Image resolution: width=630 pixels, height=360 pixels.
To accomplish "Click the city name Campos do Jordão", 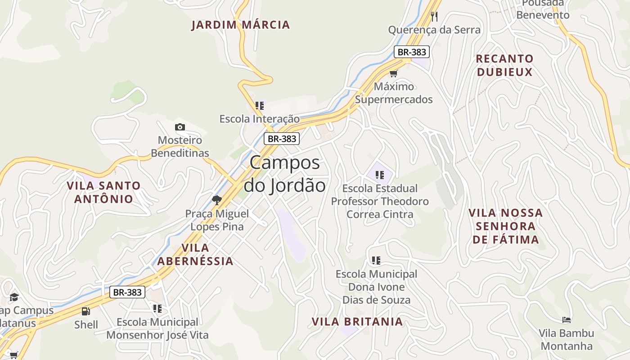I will (x=284, y=174).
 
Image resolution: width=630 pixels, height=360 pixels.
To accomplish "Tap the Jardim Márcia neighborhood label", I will (x=241, y=25).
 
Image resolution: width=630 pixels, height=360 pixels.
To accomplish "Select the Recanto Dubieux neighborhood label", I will (x=504, y=65).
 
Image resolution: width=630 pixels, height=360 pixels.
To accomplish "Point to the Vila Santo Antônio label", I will (x=104, y=192).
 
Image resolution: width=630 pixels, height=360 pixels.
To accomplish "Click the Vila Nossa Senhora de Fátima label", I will (x=506, y=226).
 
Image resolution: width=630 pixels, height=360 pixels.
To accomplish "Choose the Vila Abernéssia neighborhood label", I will (x=195, y=254).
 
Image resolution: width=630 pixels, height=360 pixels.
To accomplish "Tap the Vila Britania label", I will (x=357, y=322).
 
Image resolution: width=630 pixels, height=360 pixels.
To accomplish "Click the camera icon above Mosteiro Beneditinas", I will (x=180, y=127).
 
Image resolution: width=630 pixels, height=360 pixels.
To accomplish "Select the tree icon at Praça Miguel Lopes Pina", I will (x=217, y=200).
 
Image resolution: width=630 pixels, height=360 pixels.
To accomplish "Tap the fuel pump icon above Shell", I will (x=85, y=311).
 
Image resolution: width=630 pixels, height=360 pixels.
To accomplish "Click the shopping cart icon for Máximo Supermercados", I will (x=394, y=73).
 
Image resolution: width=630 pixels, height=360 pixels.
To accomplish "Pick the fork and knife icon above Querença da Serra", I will (x=434, y=17).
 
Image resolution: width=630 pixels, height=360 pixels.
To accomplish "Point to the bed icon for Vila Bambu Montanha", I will (x=567, y=320).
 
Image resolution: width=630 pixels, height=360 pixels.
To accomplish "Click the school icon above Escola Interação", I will (x=259, y=106).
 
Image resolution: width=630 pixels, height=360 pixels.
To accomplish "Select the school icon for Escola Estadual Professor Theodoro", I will (x=379, y=175).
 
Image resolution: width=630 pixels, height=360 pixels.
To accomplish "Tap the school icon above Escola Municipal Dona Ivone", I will (x=376, y=261).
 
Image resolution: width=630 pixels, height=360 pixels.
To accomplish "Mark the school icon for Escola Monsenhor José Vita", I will (x=157, y=309).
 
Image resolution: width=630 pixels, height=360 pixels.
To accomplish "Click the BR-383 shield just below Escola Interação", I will (x=282, y=139).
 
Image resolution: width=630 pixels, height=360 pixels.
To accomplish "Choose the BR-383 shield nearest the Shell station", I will (x=127, y=292).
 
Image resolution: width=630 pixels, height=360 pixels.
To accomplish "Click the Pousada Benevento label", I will (x=543, y=9).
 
